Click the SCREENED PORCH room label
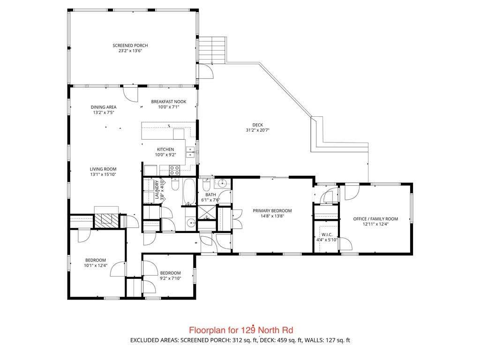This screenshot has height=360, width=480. (x=130, y=45)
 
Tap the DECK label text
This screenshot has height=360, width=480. (x=257, y=125)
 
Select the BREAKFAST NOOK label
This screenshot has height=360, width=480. (x=169, y=102)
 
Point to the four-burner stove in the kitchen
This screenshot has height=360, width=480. (x=174, y=170)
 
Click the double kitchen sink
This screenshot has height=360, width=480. (x=191, y=152)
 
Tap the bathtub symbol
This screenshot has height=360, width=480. (x=189, y=192)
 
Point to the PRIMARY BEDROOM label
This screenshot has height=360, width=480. (x=272, y=210)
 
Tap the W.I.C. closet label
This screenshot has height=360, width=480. (x=327, y=234)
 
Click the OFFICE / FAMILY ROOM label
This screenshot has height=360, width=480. (x=375, y=219)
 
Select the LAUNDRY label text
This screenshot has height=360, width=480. (x=157, y=190)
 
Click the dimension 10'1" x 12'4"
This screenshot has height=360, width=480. (x=96, y=266)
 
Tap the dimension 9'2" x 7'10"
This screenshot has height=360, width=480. (x=170, y=278)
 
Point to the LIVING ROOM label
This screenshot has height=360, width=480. (x=103, y=169)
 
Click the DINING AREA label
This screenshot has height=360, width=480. (x=104, y=107)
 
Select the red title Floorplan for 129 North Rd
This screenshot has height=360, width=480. (x=241, y=330)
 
